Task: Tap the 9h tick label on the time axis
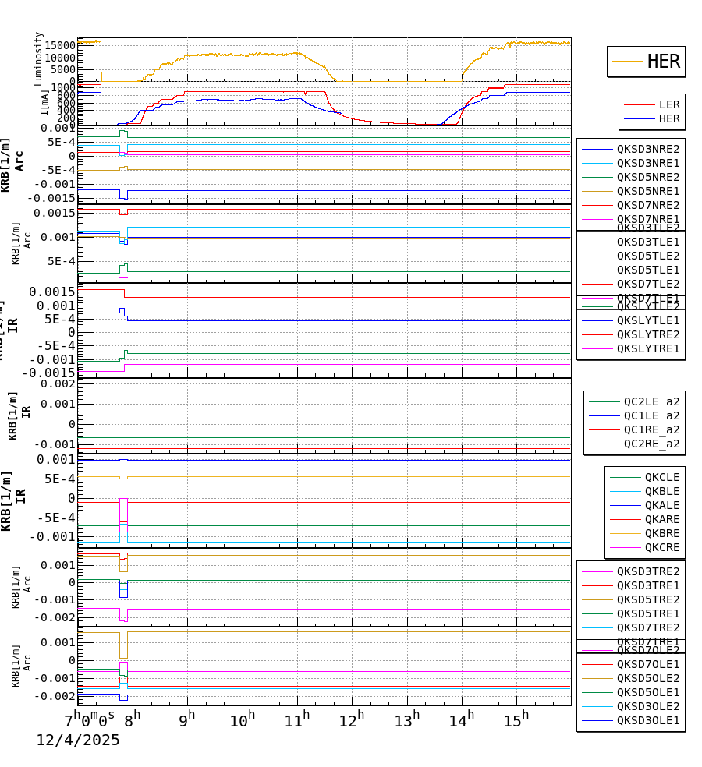coord(186,719)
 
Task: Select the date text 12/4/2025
coord(78,740)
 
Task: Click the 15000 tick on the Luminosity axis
coord(59,46)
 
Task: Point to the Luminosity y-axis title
coord(39,58)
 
